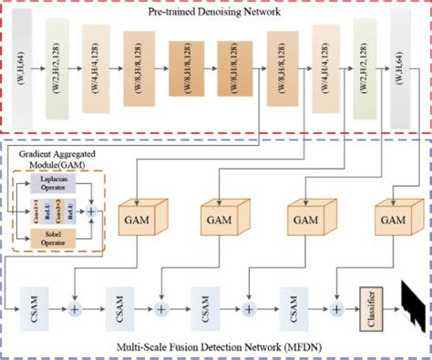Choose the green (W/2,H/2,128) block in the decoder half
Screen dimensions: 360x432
coord(364,64)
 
